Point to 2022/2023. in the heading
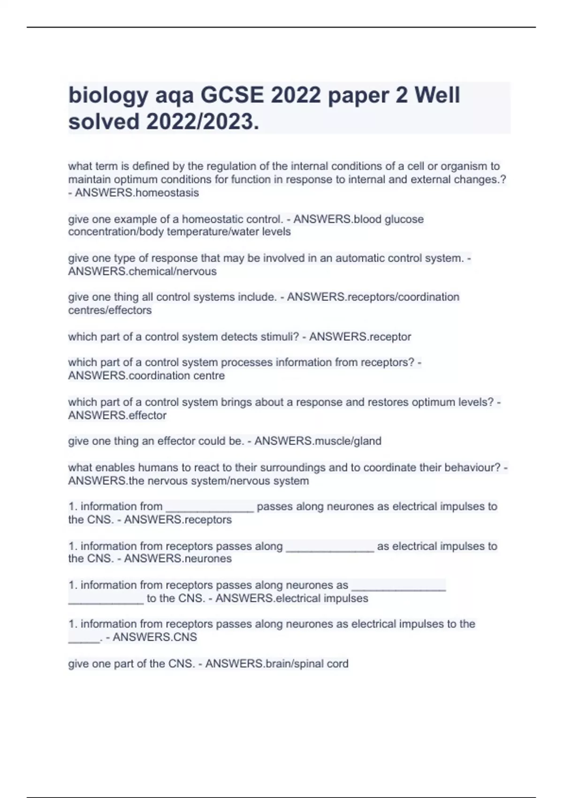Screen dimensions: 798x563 pos(203,122)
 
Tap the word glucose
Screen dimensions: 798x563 pos(404,219)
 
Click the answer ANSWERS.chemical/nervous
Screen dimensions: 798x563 pos(142,271)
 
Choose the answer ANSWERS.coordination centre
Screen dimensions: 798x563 pos(146,376)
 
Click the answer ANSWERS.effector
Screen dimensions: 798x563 pos(117,415)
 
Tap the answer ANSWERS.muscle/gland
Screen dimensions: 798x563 pos(318,441)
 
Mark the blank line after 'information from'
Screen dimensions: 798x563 pos(210,509)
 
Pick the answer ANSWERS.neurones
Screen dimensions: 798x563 pos(178,559)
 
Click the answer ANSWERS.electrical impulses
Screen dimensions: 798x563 pos(292,598)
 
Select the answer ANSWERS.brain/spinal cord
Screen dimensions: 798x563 pos(277,664)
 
